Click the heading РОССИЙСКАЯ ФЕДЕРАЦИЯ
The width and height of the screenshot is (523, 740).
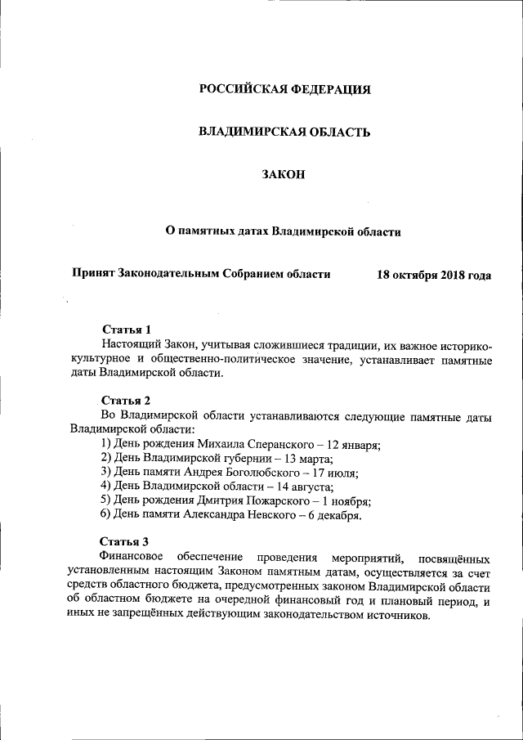point(285,89)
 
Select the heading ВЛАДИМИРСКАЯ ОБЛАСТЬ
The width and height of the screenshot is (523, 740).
point(285,132)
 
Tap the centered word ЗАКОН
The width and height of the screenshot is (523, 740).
point(284,174)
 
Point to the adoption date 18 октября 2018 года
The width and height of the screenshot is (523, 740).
point(434,275)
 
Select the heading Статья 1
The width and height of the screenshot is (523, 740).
point(127,330)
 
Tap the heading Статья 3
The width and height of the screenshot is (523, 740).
point(124,541)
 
